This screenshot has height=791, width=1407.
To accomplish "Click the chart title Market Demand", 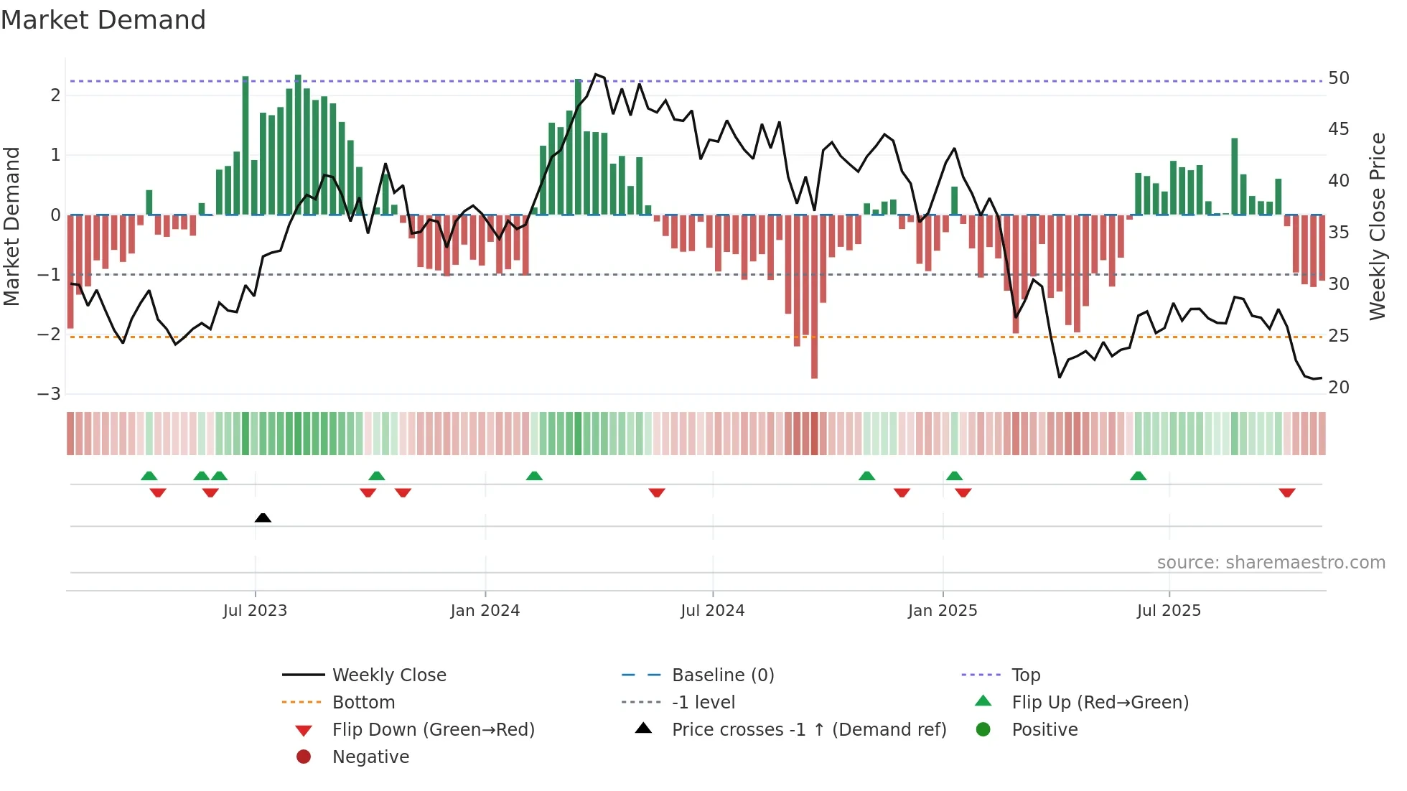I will pos(103,20).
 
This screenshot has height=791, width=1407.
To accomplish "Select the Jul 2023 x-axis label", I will pos(255,611).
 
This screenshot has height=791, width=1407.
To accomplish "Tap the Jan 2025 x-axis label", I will pos(942,611).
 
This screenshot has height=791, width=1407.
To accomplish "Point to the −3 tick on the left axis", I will pos(49,394).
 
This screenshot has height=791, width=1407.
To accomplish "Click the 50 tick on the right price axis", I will pos(1338,78).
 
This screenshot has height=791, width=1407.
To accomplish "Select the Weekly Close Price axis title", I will pos(1377,226).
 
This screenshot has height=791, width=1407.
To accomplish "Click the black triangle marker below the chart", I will pos(263,518).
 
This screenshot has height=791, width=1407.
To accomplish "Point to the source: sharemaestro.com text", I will pos(1271,562).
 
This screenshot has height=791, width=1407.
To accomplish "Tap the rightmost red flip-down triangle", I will pos(1286,492).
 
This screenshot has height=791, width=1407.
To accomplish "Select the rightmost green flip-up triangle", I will pos(1138,476).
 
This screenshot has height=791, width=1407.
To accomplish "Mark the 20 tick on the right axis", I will pos(1338,388).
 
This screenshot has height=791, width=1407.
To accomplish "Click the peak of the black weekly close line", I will pos(596,75).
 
